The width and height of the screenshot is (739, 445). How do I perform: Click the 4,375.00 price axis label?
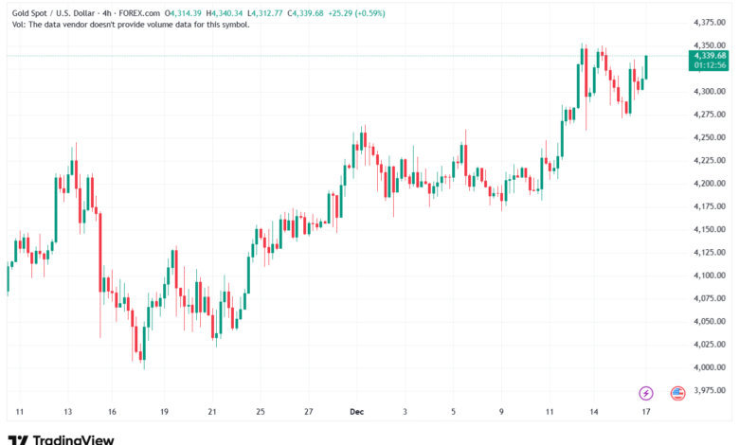tap(709, 22)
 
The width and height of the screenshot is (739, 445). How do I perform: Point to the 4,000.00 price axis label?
tap(709, 367)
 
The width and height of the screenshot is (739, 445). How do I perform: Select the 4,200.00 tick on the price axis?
tap(709, 183)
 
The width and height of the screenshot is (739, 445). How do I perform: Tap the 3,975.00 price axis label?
tap(709, 390)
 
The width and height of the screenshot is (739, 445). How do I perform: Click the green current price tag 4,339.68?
tap(709, 55)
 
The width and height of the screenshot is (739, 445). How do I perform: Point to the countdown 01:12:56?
tap(709, 65)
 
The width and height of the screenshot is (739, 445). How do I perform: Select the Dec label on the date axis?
tap(356, 412)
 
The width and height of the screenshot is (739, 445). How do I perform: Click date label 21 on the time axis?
tap(212, 412)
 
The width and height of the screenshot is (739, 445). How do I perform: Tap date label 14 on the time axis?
tap(595, 412)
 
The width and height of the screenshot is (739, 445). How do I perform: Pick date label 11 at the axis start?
tap(19, 412)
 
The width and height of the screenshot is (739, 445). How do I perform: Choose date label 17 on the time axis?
tap(645, 412)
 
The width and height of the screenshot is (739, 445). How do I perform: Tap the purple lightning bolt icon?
tap(647, 392)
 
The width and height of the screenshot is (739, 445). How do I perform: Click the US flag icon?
tap(677, 392)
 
